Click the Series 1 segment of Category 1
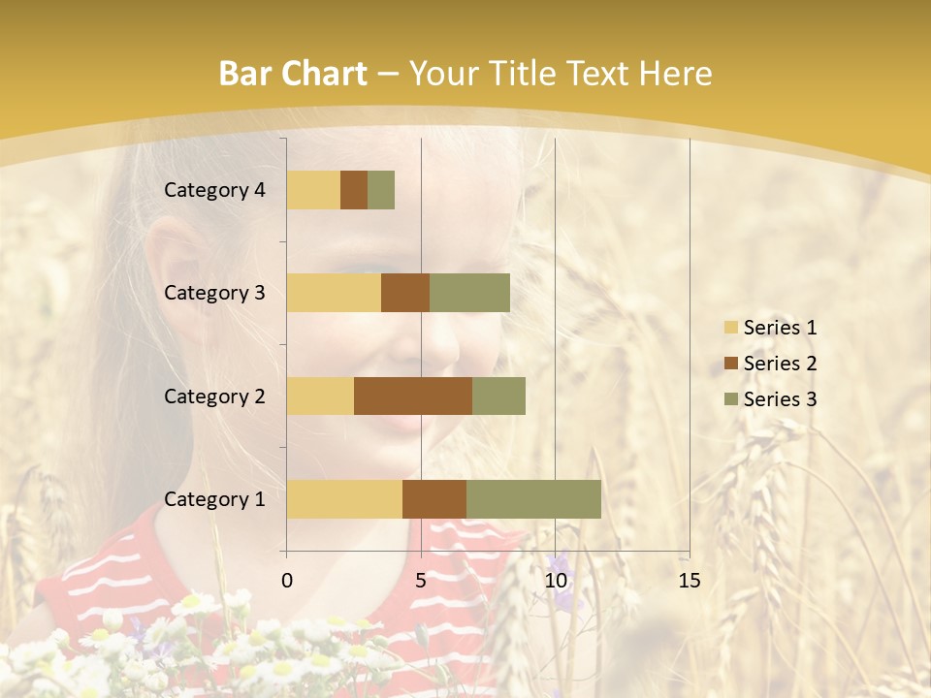(x=344, y=498)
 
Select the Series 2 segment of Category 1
(x=434, y=498)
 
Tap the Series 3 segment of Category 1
(x=533, y=498)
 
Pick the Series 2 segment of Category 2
(x=413, y=396)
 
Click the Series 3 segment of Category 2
(x=498, y=396)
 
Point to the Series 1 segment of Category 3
(x=334, y=293)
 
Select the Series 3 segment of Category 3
(x=469, y=293)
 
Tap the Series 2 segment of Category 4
(x=354, y=190)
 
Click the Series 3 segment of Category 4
(x=381, y=190)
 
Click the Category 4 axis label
(x=214, y=190)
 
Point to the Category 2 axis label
(x=214, y=396)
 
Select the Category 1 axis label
(x=214, y=499)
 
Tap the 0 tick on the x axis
(x=287, y=581)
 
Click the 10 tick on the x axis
(x=555, y=581)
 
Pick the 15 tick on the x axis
(x=689, y=581)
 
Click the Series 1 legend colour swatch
(x=731, y=328)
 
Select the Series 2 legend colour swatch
(x=731, y=364)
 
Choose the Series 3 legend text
(x=780, y=399)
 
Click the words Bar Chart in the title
(x=293, y=74)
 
